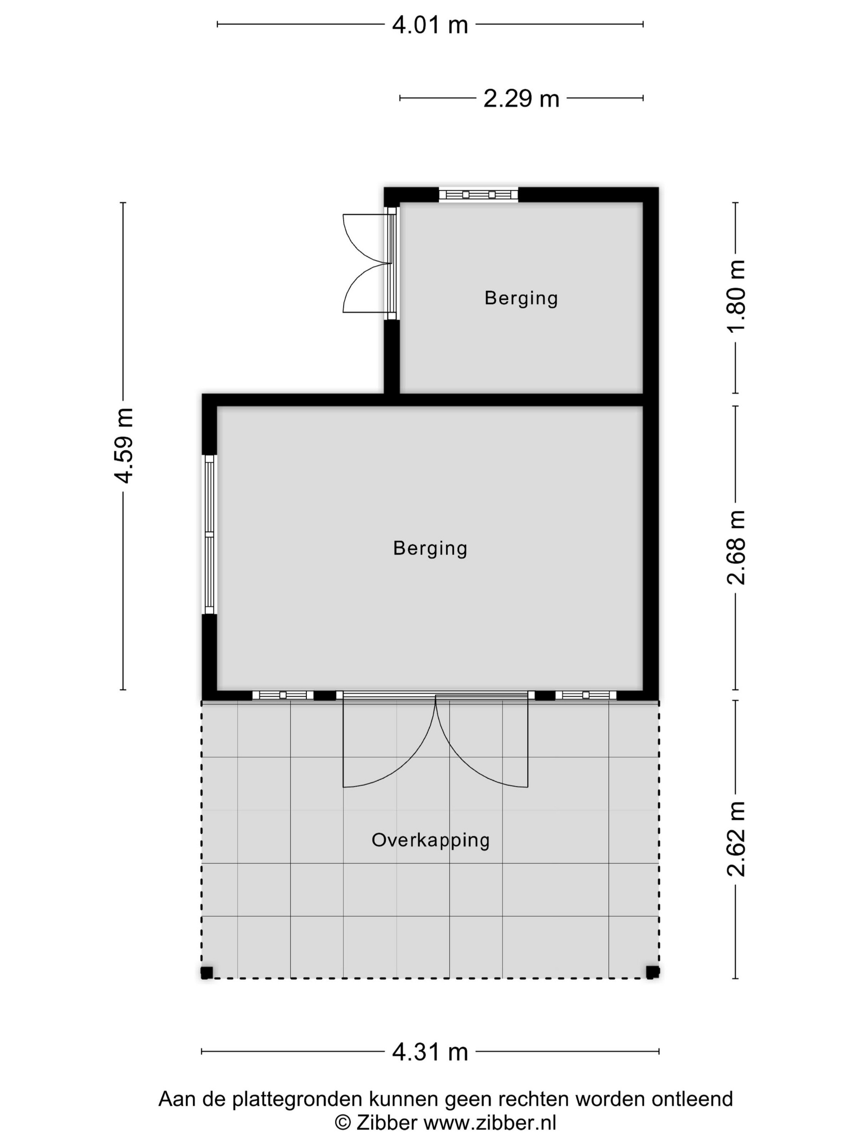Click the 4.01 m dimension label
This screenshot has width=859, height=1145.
(430, 24)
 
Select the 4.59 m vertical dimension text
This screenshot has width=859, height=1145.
(124, 445)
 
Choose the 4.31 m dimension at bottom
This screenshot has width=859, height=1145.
(430, 1052)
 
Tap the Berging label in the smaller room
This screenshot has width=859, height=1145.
(521, 298)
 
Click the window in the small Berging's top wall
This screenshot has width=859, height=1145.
(479, 195)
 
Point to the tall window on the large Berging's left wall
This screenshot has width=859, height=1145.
(209, 534)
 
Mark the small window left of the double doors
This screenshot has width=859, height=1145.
(283, 695)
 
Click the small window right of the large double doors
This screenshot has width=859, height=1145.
(586, 695)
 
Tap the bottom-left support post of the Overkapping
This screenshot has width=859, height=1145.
(207, 972)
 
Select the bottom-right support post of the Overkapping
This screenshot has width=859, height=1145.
(652, 972)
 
